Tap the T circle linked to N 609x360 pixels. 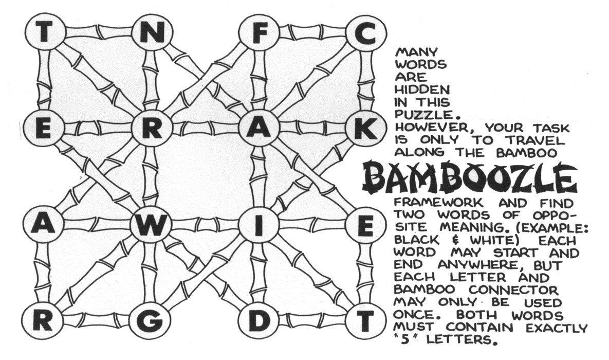point(44,32)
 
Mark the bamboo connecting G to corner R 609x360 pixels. point(96,321)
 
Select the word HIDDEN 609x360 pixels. point(414,89)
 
